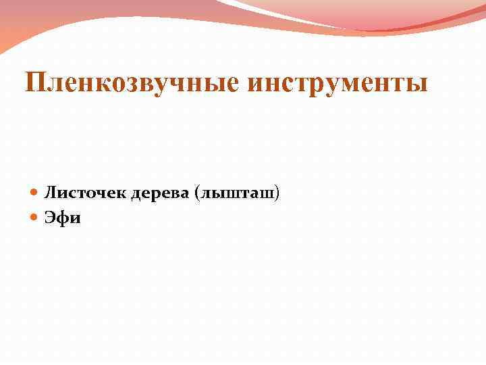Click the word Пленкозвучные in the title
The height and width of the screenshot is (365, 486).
131,84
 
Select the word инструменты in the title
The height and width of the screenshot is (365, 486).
337,84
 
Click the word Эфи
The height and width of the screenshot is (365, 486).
62,218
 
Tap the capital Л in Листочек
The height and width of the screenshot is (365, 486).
50,194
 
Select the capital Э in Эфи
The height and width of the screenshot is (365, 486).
51,218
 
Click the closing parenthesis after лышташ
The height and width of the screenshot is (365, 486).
277,194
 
